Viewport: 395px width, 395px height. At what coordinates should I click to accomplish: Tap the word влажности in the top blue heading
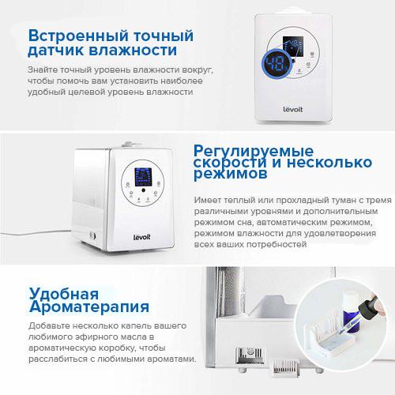(x=133, y=51)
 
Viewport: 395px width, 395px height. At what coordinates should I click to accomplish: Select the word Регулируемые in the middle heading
(x=254, y=152)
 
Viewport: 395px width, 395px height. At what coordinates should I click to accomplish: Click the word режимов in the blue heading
(x=231, y=174)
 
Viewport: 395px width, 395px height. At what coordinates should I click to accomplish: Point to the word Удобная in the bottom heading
(x=64, y=294)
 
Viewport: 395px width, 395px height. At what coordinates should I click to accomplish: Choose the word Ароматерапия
(x=89, y=307)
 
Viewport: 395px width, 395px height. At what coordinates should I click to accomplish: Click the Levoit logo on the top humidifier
(x=293, y=109)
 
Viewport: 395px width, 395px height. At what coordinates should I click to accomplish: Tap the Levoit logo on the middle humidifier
(x=141, y=237)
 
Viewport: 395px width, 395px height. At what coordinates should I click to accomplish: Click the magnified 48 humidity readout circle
(x=276, y=64)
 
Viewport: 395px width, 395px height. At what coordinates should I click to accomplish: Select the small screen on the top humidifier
(x=293, y=47)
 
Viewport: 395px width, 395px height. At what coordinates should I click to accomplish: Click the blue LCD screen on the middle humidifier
(x=143, y=177)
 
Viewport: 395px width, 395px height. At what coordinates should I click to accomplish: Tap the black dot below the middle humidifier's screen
(x=143, y=190)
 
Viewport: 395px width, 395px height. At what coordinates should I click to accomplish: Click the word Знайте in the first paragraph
(x=43, y=70)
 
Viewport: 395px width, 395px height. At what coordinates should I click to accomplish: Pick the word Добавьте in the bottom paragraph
(x=49, y=326)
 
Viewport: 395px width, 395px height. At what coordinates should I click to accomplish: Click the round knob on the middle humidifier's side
(x=92, y=235)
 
